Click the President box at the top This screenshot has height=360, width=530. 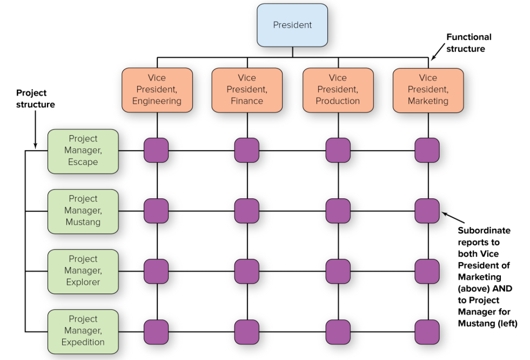(x=292, y=25)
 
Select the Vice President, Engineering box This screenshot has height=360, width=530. (x=157, y=90)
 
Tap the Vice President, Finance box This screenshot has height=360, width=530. (x=247, y=90)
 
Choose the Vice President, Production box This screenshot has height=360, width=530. (x=338, y=90)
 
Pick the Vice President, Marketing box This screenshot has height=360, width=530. (x=428, y=90)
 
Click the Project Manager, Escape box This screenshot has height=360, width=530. (x=83, y=151)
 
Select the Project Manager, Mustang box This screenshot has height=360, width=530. (x=83, y=211)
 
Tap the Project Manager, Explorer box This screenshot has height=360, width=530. (x=83, y=271)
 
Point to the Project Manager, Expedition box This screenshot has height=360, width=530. (x=83, y=331)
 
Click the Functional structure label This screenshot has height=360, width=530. (x=468, y=43)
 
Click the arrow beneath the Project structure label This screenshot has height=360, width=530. (x=35, y=130)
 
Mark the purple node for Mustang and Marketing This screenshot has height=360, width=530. (x=427, y=211)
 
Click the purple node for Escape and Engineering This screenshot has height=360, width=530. (x=156, y=150)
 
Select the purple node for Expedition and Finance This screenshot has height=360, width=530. (x=246, y=331)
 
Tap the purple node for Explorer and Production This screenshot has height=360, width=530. (x=338, y=271)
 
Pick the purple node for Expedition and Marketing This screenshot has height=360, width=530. (x=427, y=331)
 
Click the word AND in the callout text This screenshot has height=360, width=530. (x=502, y=289)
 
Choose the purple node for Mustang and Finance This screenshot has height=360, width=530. (x=246, y=211)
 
